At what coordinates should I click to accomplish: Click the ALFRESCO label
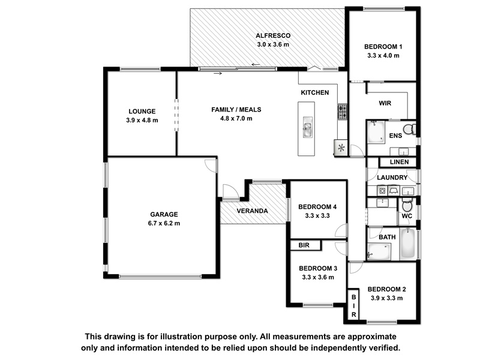[272, 35]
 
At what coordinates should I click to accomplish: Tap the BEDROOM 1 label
[383, 47]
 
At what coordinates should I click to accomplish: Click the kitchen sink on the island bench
[307, 129]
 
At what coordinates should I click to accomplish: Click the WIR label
[385, 103]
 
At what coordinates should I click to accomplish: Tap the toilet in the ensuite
[408, 129]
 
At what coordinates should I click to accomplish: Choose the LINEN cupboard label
[398, 163]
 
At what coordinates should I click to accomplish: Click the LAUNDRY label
[392, 178]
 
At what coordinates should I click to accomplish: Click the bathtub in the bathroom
[407, 244]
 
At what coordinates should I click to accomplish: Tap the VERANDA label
[252, 211]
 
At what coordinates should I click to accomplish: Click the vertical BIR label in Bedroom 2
[354, 305]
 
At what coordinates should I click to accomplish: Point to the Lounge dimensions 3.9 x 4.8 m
[142, 120]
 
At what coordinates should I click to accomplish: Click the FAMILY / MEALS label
[236, 110]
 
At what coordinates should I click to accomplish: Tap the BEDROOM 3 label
[318, 268]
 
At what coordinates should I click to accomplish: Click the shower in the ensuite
[376, 132]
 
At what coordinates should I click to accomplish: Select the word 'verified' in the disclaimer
[379, 348]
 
